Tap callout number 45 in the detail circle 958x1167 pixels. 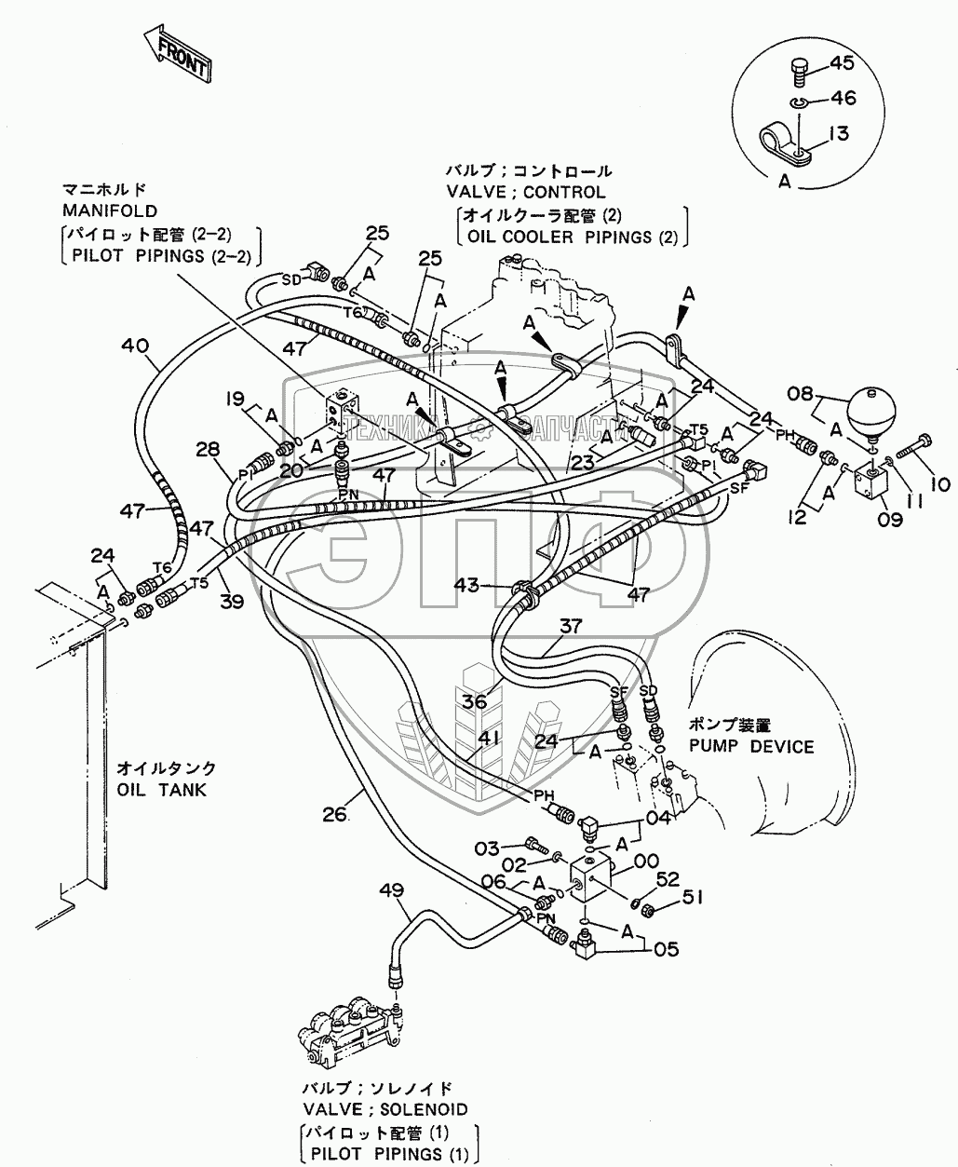(x=841, y=63)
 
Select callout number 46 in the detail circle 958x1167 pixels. (x=843, y=98)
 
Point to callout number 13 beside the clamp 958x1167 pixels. (x=838, y=134)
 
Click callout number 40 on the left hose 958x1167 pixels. (x=134, y=346)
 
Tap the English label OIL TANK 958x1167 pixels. (x=161, y=790)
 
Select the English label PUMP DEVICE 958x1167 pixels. (x=751, y=746)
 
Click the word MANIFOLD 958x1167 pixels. (x=109, y=210)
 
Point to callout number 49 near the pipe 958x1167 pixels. (x=393, y=890)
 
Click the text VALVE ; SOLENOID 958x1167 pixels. (x=385, y=1109)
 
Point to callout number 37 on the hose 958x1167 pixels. (x=575, y=627)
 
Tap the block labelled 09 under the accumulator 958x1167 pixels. (x=871, y=484)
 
